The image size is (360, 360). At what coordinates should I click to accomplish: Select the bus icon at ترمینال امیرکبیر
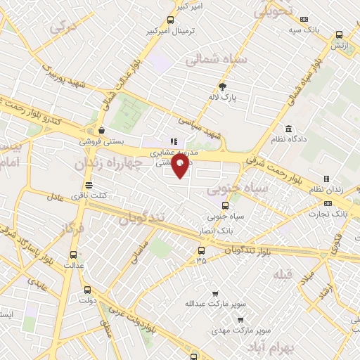(170, 21)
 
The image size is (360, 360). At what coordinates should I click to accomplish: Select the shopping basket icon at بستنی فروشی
(103, 129)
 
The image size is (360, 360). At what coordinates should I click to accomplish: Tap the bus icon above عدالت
(73, 255)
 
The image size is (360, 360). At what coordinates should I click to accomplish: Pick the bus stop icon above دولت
(87, 289)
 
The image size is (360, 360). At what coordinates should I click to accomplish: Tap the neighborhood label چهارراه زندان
(117, 163)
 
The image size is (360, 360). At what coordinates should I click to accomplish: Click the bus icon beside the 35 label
(202, 250)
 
